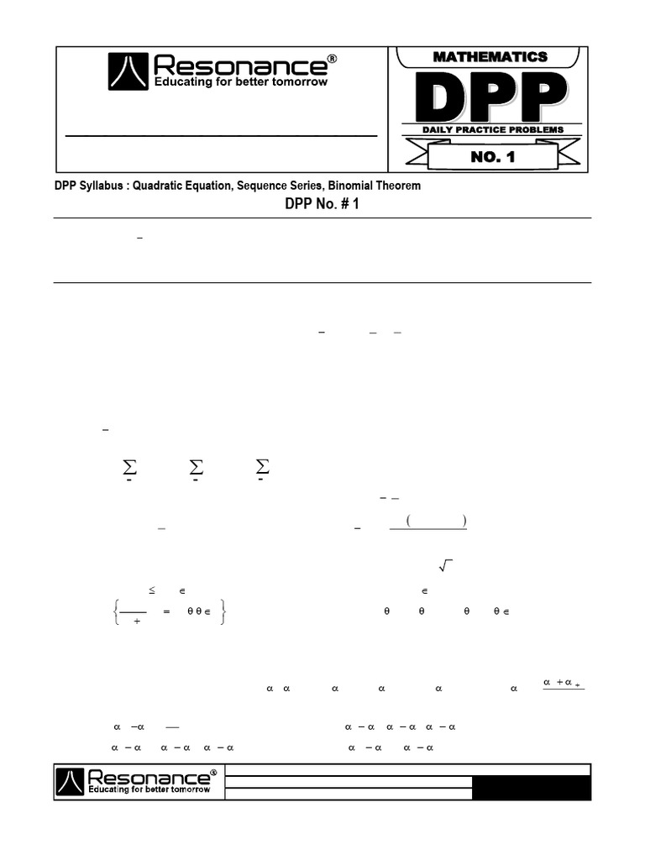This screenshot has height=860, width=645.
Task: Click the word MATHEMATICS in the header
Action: pyautogui.click(x=490, y=57)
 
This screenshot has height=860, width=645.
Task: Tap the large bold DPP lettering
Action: pyautogui.click(x=490, y=97)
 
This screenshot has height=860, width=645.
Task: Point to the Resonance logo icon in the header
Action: pyautogui.click(x=128, y=71)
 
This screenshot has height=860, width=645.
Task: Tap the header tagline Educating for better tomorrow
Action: pyautogui.click(x=240, y=82)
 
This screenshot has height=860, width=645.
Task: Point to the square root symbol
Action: pyautogui.click(x=446, y=569)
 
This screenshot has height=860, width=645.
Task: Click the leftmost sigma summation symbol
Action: pyautogui.click(x=129, y=467)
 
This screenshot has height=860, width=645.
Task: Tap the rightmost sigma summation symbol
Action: pyautogui.click(x=262, y=467)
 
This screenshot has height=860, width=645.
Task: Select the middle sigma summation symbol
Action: pyautogui.click(x=197, y=467)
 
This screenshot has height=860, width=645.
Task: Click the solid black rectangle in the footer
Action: pyautogui.click(x=531, y=788)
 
